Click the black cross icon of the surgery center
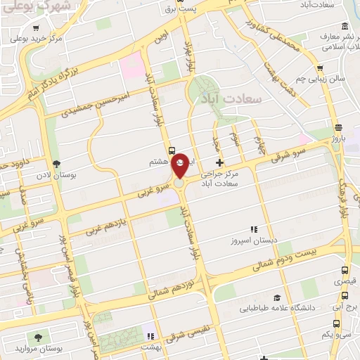(x=219, y=162)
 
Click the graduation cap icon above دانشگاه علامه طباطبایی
(x=277, y=297)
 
